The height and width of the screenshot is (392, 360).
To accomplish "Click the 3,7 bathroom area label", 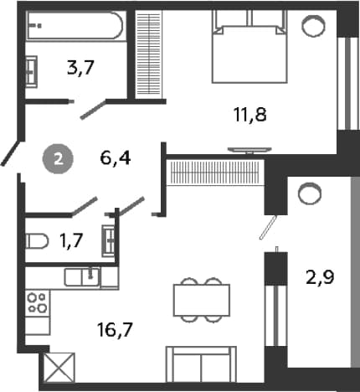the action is pyautogui.click(x=80, y=68).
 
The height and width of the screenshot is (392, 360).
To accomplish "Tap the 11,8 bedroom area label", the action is pyautogui.click(x=250, y=115).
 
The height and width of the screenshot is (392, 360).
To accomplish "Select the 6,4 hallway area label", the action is pyautogui.click(x=116, y=158).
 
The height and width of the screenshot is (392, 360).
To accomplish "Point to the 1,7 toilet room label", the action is pyautogui.click(x=71, y=240).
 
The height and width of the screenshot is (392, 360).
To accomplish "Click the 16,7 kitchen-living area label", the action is pyautogui.click(x=115, y=329).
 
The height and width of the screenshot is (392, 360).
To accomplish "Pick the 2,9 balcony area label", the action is pyautogui.click(x=320, y=277).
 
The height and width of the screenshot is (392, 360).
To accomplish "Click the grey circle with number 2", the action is pyautogui.click(x=58, y=159).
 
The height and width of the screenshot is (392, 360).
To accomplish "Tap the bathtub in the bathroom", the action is pyautogui.click(x=75, y=26).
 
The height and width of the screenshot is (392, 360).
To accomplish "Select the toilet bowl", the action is pyautogui.click(x=37, y=240).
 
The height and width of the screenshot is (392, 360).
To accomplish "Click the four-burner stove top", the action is pyautogui.click(x=38, y=302).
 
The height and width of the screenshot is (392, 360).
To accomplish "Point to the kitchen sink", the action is pyautogui.click(x=82, y=276).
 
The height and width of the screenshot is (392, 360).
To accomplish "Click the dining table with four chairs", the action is pyautogui.click(x=202, y=300).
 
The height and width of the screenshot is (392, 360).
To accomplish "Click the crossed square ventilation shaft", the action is pyautogui.click(x=59, y=368).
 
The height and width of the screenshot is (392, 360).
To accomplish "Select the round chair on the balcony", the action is pyautogui.click(x=310, y=193).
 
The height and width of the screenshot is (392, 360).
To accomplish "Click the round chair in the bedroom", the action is pyautogui.click(x=313, y=26).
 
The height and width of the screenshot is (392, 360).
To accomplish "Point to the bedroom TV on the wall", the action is pyautogui.click(x=249, y=150).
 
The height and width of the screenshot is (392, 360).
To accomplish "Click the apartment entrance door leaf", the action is pyautogui.click(x=11, y=153).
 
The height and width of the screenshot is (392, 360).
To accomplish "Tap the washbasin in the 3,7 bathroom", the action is pyautogui.click(x=31, y=71).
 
